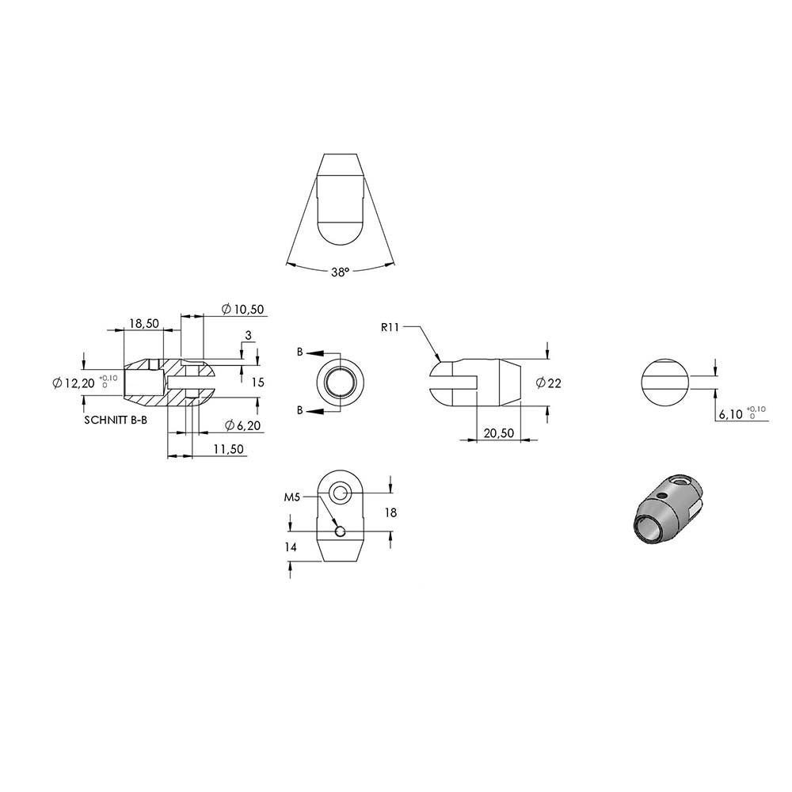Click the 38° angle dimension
[341, 272]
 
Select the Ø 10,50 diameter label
[243, 309]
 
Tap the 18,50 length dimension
[144, 323]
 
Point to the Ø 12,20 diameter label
[74, 383]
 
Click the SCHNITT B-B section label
[116, 420]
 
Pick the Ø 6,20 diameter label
[243, 426]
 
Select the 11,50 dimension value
[228, 449]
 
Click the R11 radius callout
[390, 327]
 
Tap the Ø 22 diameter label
[549, 383]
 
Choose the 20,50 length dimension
[499, 433]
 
